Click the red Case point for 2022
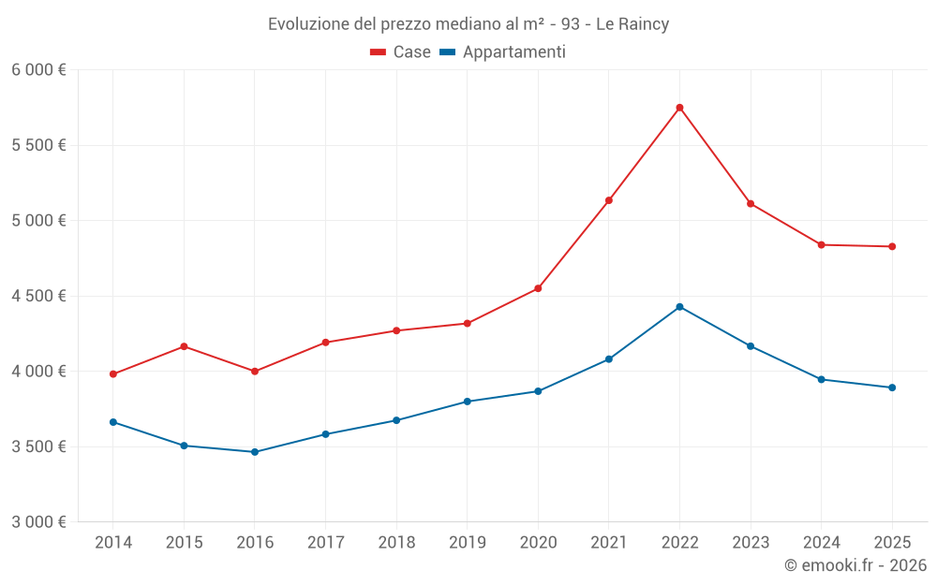coord(679,108)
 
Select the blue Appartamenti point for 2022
coord(679,307)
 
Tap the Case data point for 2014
coord(113,374)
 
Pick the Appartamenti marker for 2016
coord(255,452)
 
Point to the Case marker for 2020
coord(538,288)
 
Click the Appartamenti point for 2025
coord(892,388)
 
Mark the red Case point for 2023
coord(751,203)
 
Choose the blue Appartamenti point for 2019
coord(468,402)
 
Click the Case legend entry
coord(401,52)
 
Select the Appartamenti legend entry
coord(503,52)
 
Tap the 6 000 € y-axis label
coord(38,70)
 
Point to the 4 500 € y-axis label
coord(38,296)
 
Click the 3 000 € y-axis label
coord(38,522)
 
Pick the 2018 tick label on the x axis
coord(396,542)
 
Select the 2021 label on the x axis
coord(609,542)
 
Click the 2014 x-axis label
coord(113,542)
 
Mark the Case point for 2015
coord(184,346)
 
